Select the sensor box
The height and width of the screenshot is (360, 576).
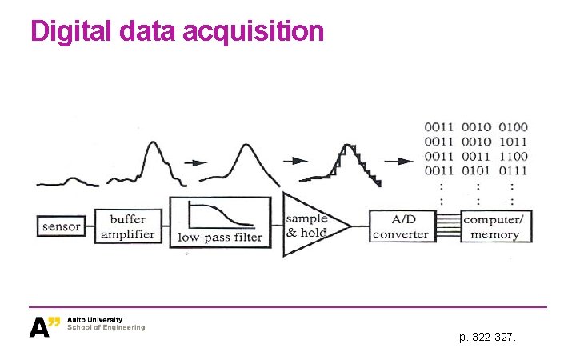click(x=62, y=226)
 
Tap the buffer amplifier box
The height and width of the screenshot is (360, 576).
click(x=128, y=226)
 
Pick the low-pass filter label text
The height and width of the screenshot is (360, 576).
click(x=219, y=237)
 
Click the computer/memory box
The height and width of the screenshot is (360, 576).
click(x=497, y=226)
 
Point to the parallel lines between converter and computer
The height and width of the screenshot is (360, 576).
click(x=449, y=226)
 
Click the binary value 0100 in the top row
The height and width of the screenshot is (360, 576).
click(x=513, y=126)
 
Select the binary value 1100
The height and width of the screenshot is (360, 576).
click(x=513, y=155)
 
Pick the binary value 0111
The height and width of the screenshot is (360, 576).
click(x=513, y=170)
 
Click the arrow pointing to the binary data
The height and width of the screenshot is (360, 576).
click(x=396, y=159)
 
